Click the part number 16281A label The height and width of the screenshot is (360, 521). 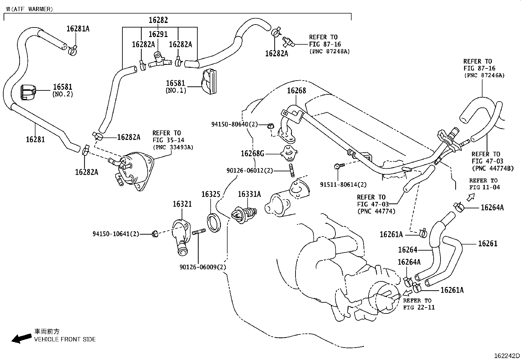78,28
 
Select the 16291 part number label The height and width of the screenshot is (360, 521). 158,34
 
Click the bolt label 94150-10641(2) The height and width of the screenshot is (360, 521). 116,234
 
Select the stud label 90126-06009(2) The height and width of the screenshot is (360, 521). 203,267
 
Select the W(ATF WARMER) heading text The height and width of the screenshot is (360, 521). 29,9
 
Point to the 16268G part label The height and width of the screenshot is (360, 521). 252,153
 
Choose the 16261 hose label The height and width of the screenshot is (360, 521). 488,243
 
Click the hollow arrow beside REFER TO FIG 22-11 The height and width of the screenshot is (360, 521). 408,292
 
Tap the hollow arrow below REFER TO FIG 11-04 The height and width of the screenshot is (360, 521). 470,197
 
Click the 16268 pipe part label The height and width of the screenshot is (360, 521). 296,90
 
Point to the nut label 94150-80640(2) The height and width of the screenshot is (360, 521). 235,124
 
